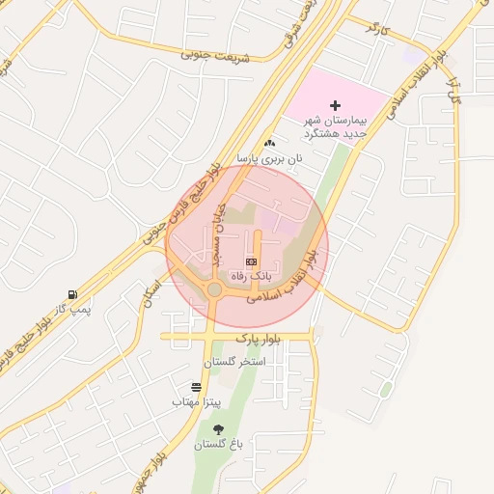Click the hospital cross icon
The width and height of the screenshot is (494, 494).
pyautogui.click(x=336, y=104)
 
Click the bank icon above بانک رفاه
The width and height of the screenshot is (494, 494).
pyautogui.click(x=252, y=261)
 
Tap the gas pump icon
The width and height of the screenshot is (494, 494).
pyautogui.click(x=71, y=294)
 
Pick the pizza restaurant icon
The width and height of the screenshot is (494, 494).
pyautogui.click(x=197, y=387)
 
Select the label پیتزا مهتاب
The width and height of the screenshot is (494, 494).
pyautogui.click(x=197, y=400)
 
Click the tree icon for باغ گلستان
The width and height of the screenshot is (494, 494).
pyautogui.click(x=217, y=429)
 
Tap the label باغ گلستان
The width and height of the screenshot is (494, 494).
pyautogui.click(x=217, y=445)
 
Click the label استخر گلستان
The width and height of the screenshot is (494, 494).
pyautogui.click(x=233, y=362)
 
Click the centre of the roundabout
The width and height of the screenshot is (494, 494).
pyautogui.click(x=214, y=289)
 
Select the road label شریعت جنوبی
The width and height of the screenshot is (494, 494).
pyautogui.click(x=214, y=55)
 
